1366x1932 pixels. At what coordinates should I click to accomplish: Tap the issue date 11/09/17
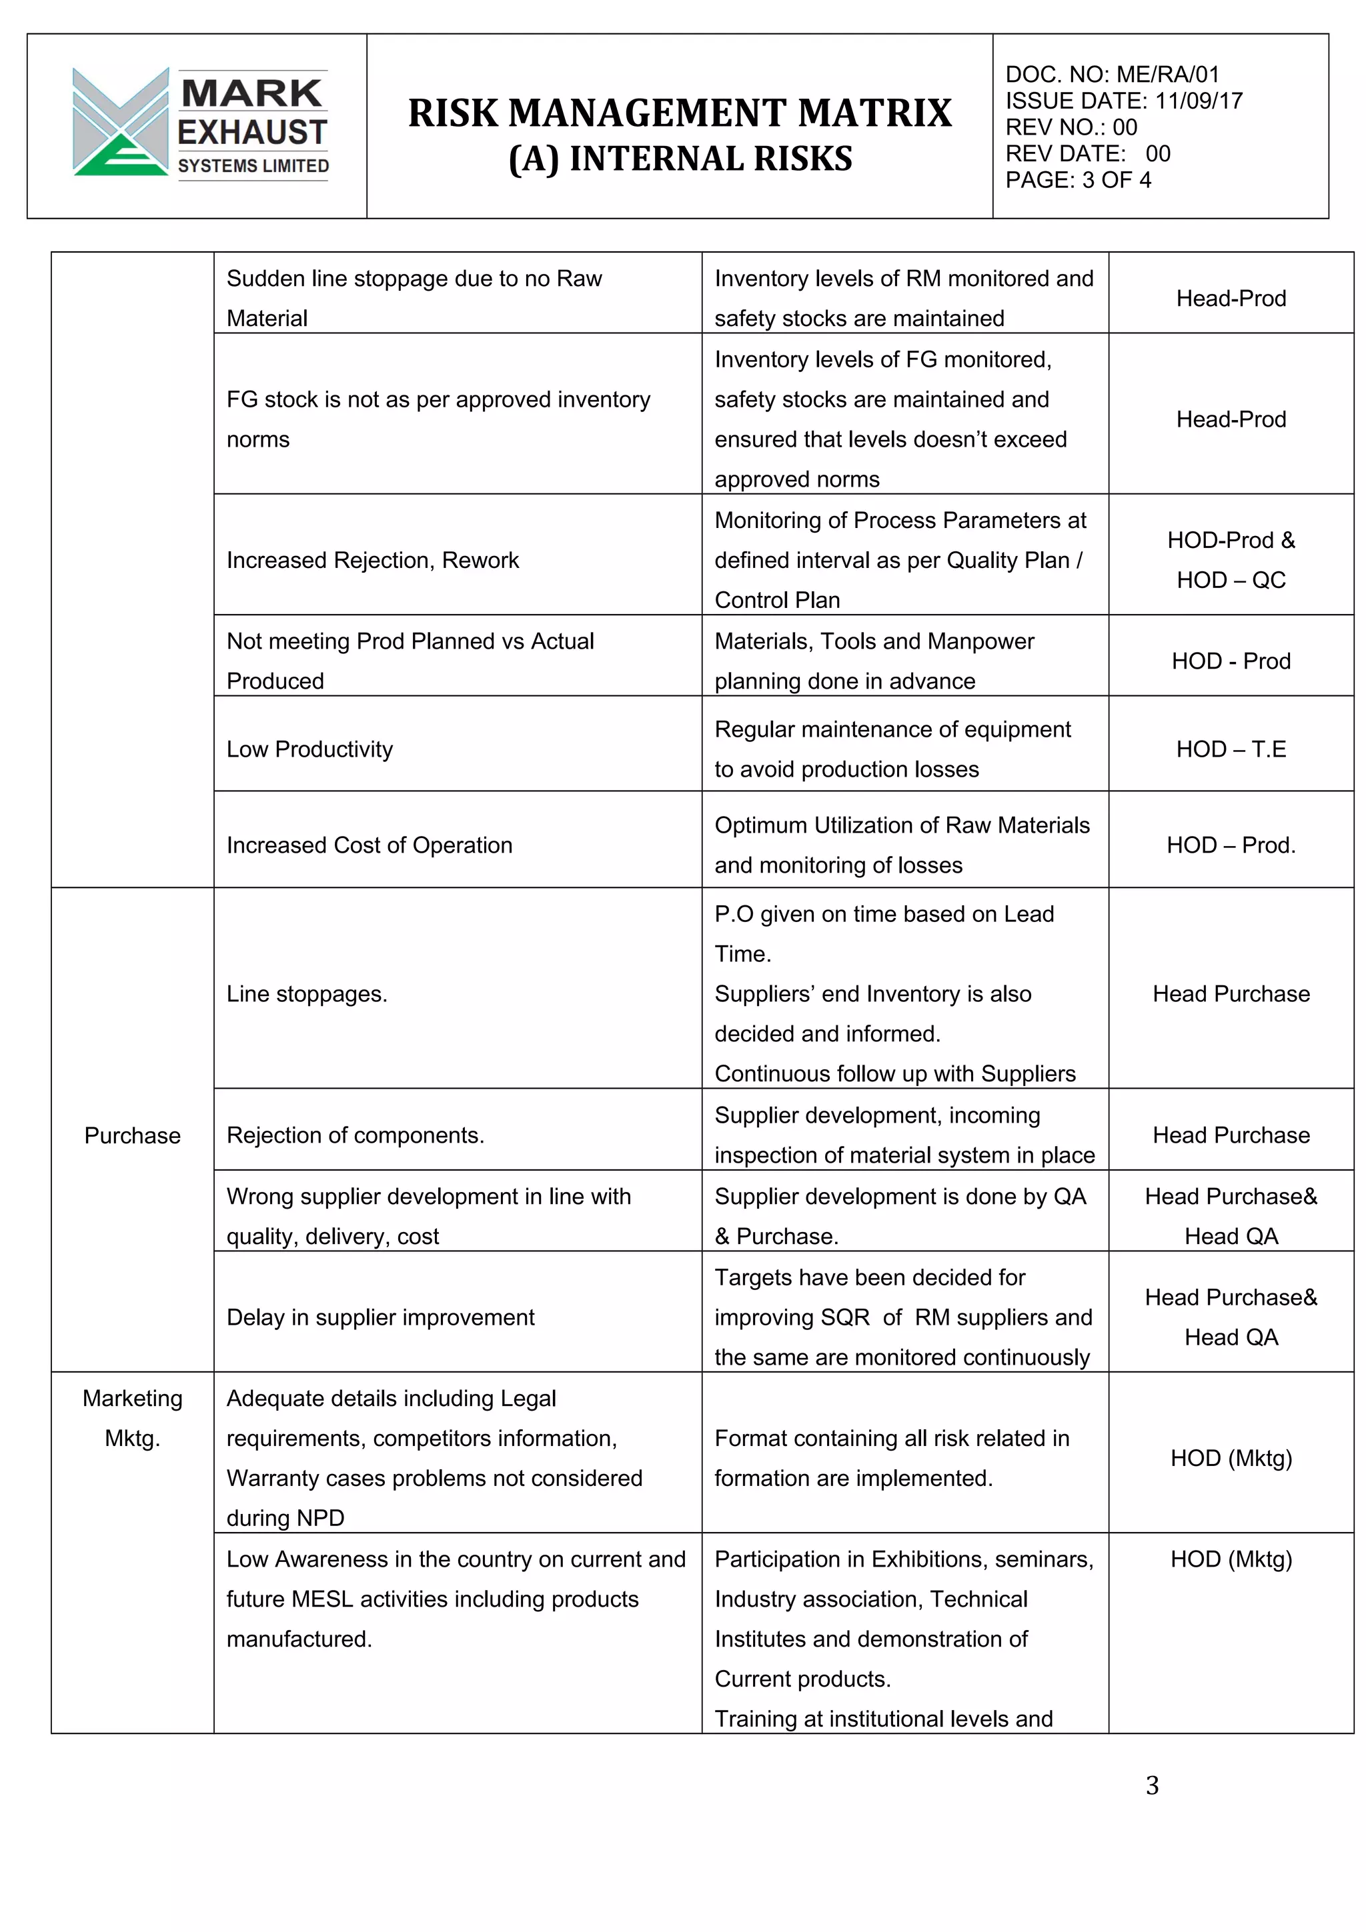[1199, 101]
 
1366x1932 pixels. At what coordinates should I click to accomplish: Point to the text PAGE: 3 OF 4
[1077, 180]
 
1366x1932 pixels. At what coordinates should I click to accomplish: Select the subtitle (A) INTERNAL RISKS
[680, 159]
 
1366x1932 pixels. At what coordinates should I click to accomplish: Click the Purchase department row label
[132, 1135]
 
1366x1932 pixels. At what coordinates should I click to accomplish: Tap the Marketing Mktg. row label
[132, 1418]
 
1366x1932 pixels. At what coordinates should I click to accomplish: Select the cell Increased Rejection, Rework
[373, 561]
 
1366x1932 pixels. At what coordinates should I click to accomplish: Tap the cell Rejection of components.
[356, 1135]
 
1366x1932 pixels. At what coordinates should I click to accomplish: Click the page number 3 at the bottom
[1152, 1785]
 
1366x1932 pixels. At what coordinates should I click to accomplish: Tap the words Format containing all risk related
[891, 1438]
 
